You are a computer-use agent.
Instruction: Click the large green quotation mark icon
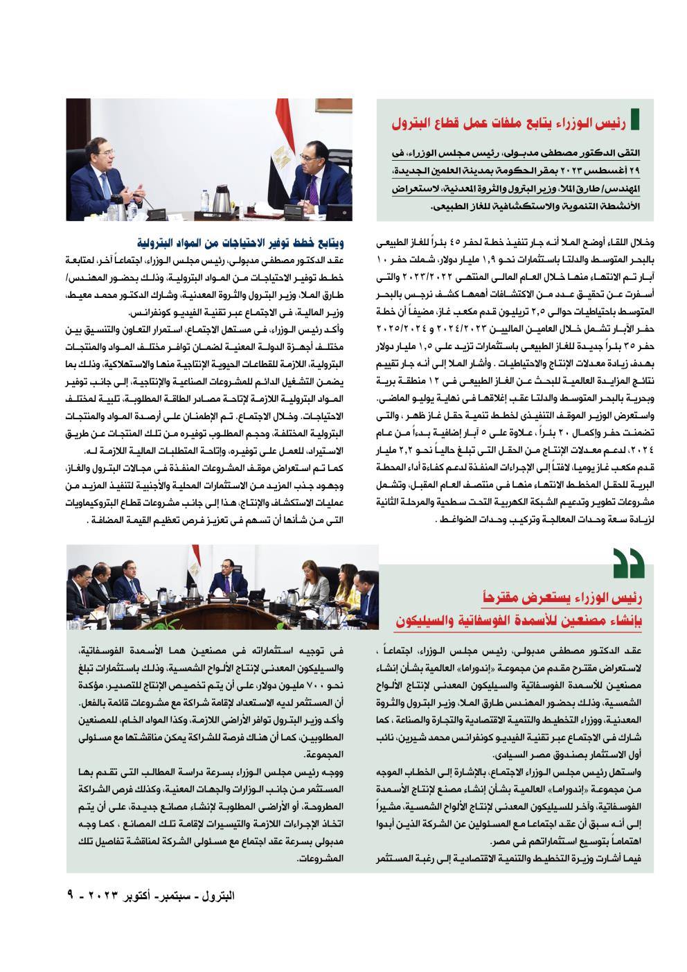point(626,563)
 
